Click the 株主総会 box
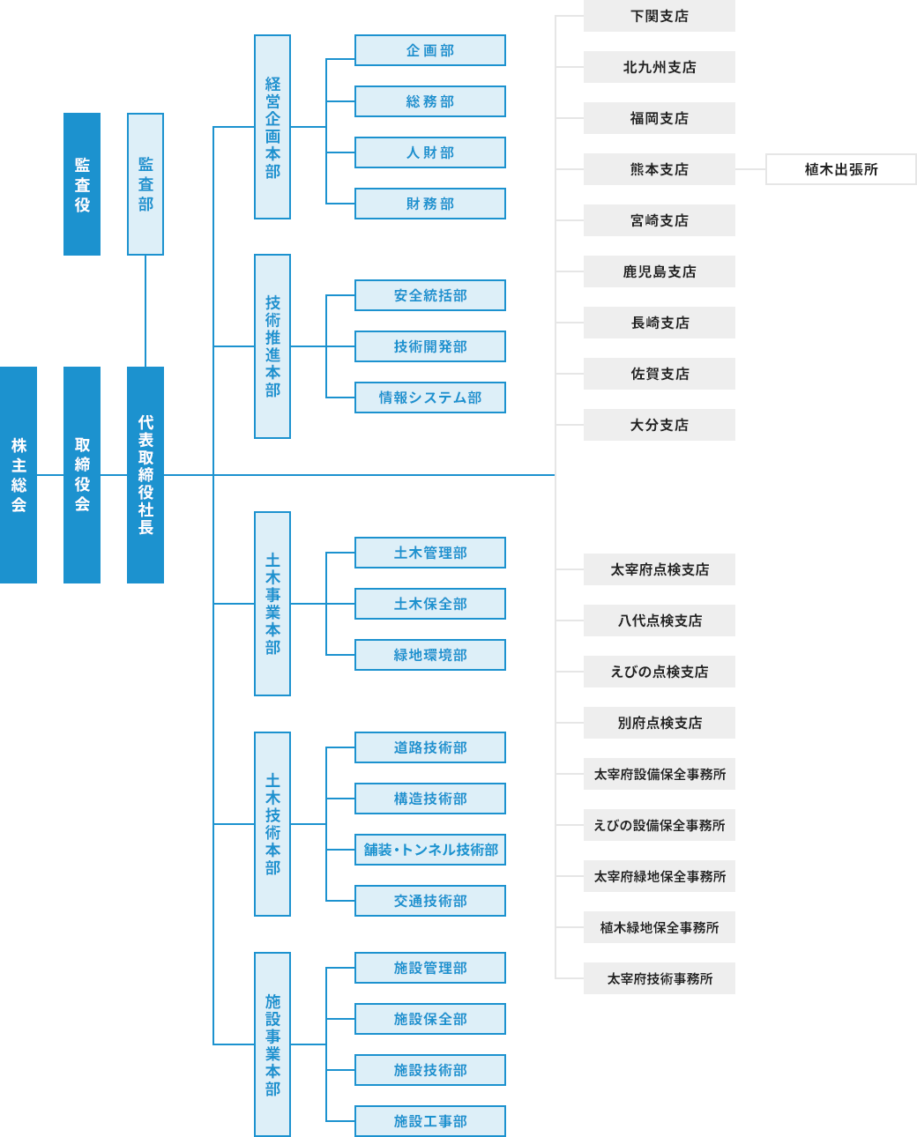click(19, 474)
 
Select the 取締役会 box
click(82, 474)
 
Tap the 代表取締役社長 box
click(145, 474)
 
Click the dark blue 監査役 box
click(82, 184)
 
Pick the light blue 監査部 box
click(145, 184)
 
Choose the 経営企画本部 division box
click(272, 127)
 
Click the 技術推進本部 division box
click(272, 346)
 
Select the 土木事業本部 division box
click(272, 604)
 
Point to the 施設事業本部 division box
click(272, 1044)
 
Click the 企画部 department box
click(430, 50)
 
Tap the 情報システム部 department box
click(430, 398)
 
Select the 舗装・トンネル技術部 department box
click(430, 850)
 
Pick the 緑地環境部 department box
click(430, 655)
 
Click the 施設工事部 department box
click(430, 1121)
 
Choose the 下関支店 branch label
click(660, 16)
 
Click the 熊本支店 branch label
click(660, 169)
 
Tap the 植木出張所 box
click(841, 169)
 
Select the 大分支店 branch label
click(660, 425)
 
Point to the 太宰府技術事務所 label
click(660, 978)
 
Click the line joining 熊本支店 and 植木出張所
click(750, 169)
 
